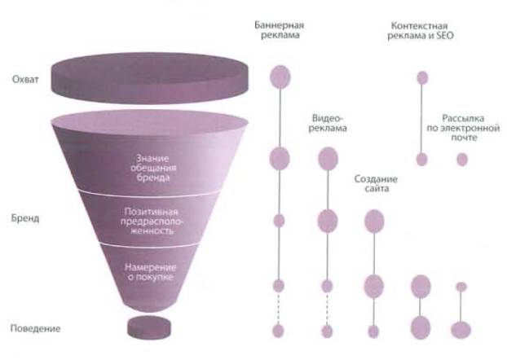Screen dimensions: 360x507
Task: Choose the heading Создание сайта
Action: (376, 183)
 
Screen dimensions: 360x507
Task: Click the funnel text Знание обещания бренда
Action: (153, 162)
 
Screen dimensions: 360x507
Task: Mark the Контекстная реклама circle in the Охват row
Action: (421, 78)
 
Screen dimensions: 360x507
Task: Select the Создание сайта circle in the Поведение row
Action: (373, 331)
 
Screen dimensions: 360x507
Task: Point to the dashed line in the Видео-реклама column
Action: (327, 308)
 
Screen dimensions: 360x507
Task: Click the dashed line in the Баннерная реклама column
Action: (279, 308)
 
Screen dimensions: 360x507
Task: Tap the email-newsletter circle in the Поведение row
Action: (461, 330)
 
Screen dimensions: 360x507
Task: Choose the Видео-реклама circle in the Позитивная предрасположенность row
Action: (327, 219)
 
